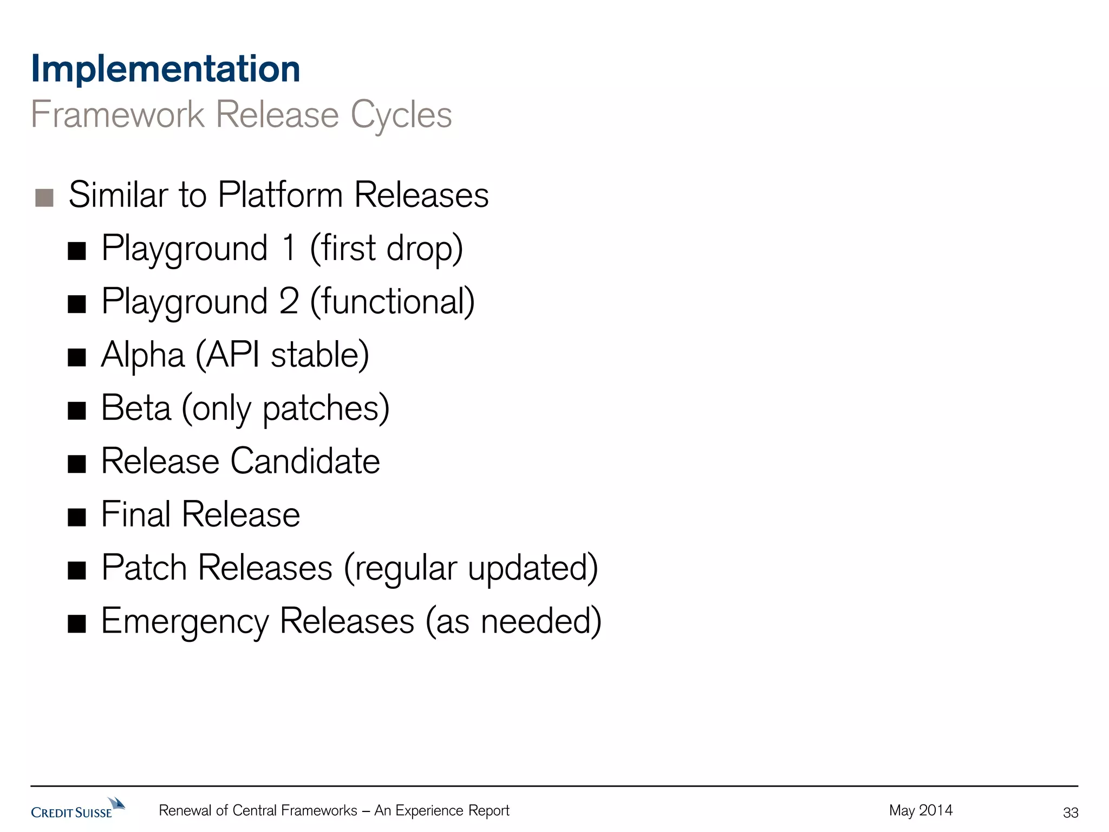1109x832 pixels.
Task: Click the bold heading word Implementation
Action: coord(166,69)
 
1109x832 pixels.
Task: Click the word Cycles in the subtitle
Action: coord(401,115)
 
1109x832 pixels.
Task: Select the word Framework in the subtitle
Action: coord(118,115)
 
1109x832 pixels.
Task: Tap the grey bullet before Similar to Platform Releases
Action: coord(44,198)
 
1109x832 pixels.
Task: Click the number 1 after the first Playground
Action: coord(289,248)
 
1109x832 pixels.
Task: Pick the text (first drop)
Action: coord(386,248)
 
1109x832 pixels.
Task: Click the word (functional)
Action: coord(392,302)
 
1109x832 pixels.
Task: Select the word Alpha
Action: coord(143,355)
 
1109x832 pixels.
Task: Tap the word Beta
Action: coord(136,408)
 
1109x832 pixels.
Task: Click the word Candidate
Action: coord(305,461)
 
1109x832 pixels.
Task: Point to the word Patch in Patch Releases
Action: coord(144,568)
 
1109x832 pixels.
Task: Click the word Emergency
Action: coord(185,622)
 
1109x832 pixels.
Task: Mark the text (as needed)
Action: coord(513,621)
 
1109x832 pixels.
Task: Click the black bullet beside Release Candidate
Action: coord(77,464)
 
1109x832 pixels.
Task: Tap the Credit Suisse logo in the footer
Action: coord(77,809)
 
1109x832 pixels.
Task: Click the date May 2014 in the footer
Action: coord(921,810)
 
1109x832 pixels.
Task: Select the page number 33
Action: coord(1071,812)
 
